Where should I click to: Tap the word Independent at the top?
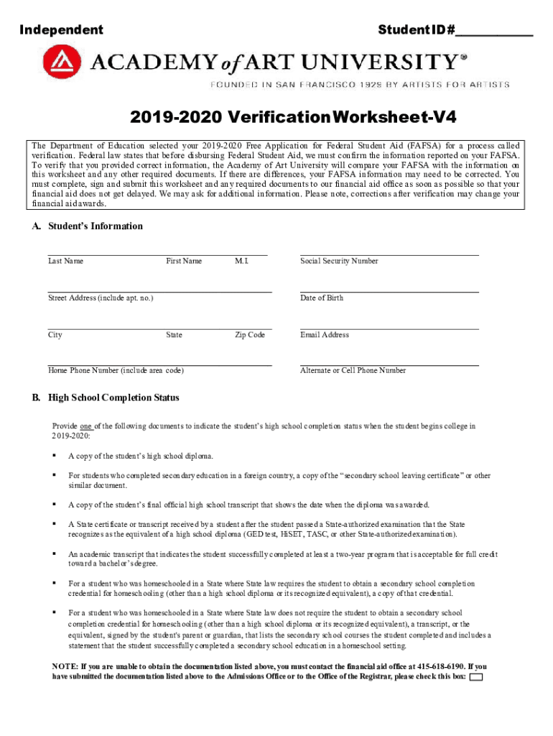point(61,30)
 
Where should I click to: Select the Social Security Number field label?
point(339,262)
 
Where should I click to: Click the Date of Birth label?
point(322,298)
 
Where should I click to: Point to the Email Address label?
point(325,335)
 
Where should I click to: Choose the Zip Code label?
point(250,335)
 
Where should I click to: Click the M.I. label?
point(241,262)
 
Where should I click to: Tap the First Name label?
point(184,262)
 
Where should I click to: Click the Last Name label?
point(65,262)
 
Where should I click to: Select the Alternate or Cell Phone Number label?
point(353,371)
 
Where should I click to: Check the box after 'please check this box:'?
point(475,678)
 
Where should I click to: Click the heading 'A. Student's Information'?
point(87,226)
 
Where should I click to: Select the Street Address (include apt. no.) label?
point(100,298)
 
